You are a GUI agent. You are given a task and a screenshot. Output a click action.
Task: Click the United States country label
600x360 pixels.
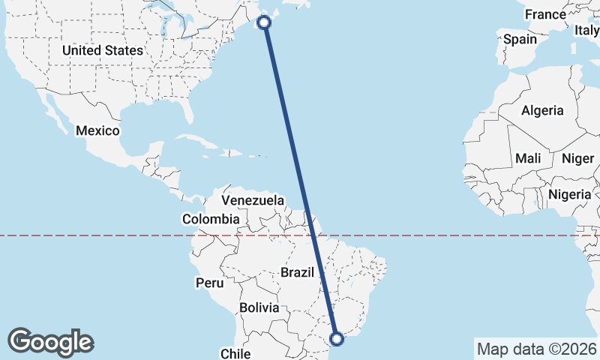[x=102, y=50]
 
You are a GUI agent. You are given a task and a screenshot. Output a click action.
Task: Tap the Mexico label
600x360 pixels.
[x=97, y=130]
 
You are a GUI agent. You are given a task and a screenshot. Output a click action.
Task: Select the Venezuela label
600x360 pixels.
[x=253, y=200]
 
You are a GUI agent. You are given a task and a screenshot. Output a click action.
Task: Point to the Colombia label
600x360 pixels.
[x=211, y=220]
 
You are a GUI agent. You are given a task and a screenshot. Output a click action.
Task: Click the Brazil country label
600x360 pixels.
[x=296, y=272]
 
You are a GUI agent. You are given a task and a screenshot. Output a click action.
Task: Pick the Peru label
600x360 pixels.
[x=209, y=283]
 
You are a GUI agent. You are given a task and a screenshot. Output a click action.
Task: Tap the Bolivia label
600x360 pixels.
[x=259, y=307]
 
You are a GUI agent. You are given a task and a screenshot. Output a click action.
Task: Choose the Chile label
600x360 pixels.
[x=234, y=353]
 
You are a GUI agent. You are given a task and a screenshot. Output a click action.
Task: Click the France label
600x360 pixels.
[x=545, y=14]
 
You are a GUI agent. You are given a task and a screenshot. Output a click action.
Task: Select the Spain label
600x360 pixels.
[x=520, y=39]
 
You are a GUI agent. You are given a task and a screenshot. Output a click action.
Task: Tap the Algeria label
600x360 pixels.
[x=542, y=110]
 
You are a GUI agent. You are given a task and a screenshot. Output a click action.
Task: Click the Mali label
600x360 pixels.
[x=528, y=158]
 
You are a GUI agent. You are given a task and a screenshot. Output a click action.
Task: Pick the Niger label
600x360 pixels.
[x=577, y=158]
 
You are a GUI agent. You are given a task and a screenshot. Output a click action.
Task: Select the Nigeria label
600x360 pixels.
[x=571, y=194]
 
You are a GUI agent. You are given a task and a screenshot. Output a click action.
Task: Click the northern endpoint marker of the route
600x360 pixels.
[x=264, y=22]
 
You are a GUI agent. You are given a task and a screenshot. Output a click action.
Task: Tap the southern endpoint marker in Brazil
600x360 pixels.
[x=337, y=339]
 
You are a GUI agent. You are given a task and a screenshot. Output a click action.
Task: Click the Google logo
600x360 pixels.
[x=51, y=342]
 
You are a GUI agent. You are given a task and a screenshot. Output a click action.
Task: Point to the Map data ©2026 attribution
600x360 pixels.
[x=536, y=349]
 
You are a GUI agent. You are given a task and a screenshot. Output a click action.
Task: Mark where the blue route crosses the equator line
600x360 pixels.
[x=314, y=235]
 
